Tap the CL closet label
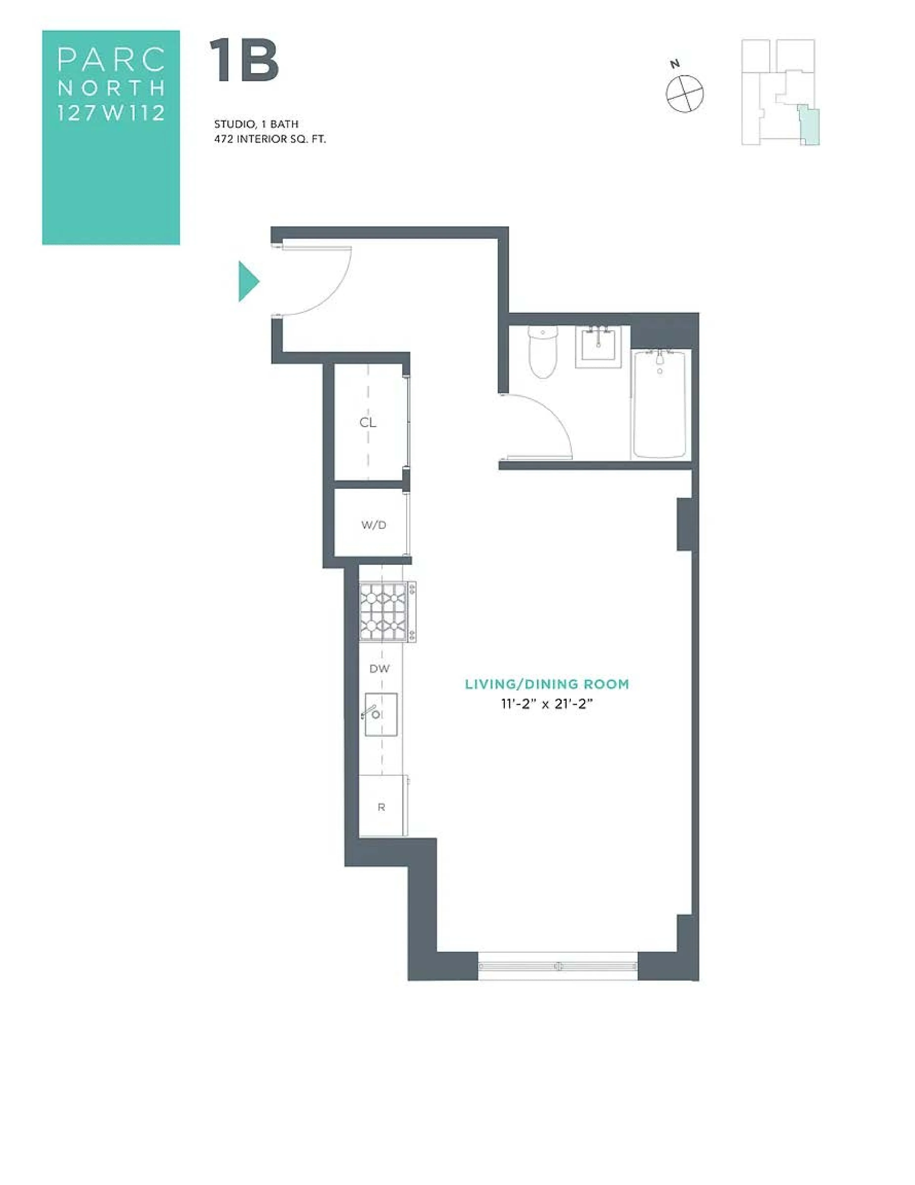[x=368, y=422]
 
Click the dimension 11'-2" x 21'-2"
[x=547, y=704]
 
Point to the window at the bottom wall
[x=558, y=966]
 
